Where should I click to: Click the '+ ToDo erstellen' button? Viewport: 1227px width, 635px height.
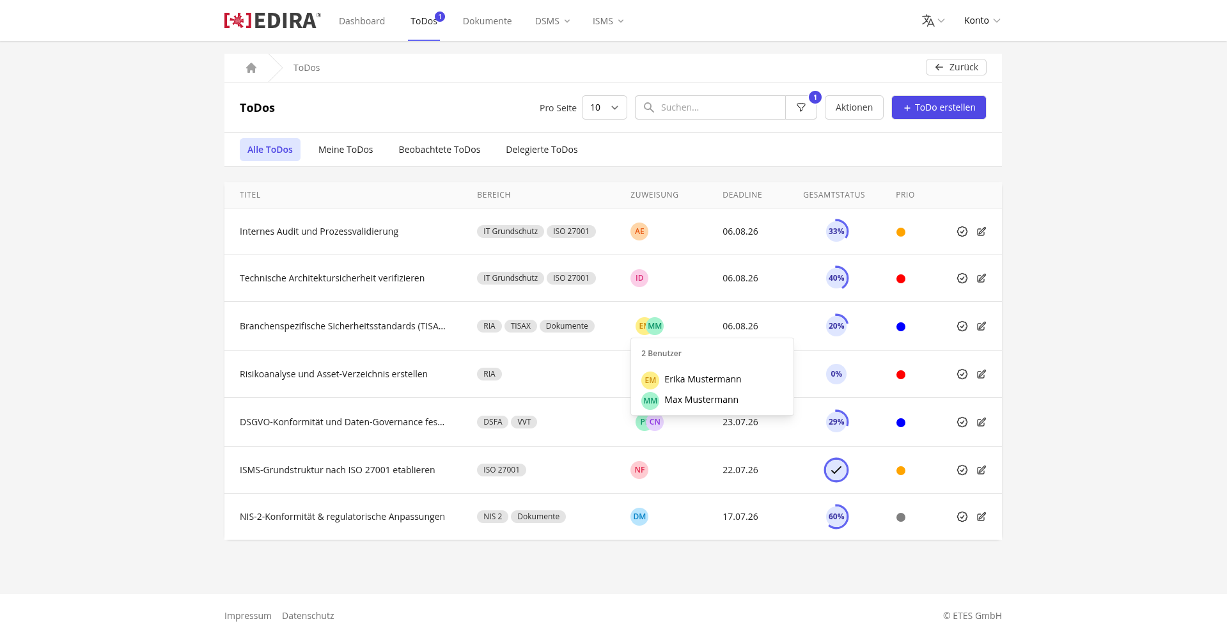tap(939, 107)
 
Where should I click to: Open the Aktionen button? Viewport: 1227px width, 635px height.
tap(854, 107)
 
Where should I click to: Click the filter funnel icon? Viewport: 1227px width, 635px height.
tap(801, 107)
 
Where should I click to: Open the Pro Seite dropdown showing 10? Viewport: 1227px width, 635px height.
tap(604, 107)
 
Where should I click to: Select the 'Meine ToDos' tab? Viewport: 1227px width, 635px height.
tap(345, 150)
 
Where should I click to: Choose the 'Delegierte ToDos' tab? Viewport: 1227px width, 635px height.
tap(542, 150)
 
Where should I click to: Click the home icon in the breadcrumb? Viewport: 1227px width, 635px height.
tap(251, 68)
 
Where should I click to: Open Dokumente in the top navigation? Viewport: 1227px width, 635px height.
tap(487, 21)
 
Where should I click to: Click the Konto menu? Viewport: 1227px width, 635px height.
tap(982, 20)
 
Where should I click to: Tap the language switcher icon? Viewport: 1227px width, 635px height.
tap(928, 20)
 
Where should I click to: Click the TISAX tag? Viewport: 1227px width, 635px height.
tap(520, 326)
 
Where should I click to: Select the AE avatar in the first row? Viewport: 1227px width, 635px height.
tap(639, 231)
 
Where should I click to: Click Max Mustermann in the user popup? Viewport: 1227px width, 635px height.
tap(701, 400)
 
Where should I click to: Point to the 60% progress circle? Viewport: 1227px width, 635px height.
tap(836, 517)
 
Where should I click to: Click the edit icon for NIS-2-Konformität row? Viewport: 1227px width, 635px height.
tap(981, 517)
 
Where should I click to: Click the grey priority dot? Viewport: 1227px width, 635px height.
tap(901, 517)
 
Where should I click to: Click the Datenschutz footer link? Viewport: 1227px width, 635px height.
tap(308, 616)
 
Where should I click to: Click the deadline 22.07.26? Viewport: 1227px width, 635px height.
tap(740, 470)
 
